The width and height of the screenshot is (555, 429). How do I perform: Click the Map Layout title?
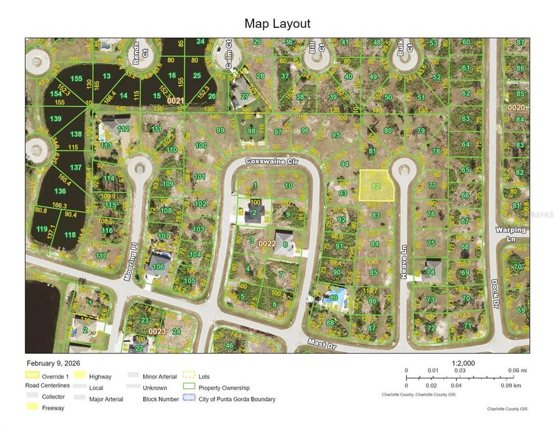[277, 24]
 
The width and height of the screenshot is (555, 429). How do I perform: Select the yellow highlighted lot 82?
[376, 186]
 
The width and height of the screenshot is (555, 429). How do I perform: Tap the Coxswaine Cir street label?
[271, 162]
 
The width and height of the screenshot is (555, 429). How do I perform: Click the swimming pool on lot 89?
[334, 296]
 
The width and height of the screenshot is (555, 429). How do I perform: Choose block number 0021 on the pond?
[175, 100]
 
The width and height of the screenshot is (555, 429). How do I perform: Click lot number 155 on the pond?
[76, 79]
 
